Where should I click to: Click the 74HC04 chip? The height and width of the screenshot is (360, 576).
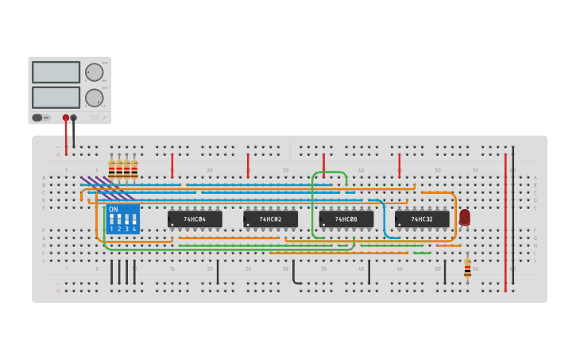(x=195, y=219)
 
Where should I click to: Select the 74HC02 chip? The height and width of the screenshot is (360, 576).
(x=270, y=219)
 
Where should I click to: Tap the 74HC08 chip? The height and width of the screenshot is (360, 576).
(x=346, y=219)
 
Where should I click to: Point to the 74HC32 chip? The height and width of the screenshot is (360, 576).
(x=422, y=219)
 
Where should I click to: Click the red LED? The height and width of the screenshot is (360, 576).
(x=465, y=216)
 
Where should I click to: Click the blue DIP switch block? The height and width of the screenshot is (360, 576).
(x=123, y=220)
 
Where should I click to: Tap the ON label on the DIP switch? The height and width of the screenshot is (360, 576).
(x=114, y=210)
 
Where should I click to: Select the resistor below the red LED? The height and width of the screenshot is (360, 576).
(x=467, y=268)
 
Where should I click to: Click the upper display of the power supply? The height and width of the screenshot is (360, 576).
(x=56, y=72)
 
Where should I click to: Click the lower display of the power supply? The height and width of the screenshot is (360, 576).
(x=56, y=97)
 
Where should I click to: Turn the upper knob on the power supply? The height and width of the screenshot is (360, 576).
(x=95, y=72)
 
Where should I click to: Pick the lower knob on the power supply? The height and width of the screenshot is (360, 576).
(x=95, y=98)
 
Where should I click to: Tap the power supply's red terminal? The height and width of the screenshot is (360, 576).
(x=66, y=118)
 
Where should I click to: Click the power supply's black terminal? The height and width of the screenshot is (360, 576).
(x=74, y=118)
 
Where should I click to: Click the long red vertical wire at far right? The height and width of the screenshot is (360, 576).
(x=505, y=223)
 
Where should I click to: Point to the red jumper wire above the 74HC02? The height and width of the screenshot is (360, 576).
(x=248, y=165)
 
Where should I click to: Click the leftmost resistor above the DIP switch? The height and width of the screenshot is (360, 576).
(x=111, y=168)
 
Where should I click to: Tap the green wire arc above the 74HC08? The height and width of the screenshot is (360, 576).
(x=330, y=172)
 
